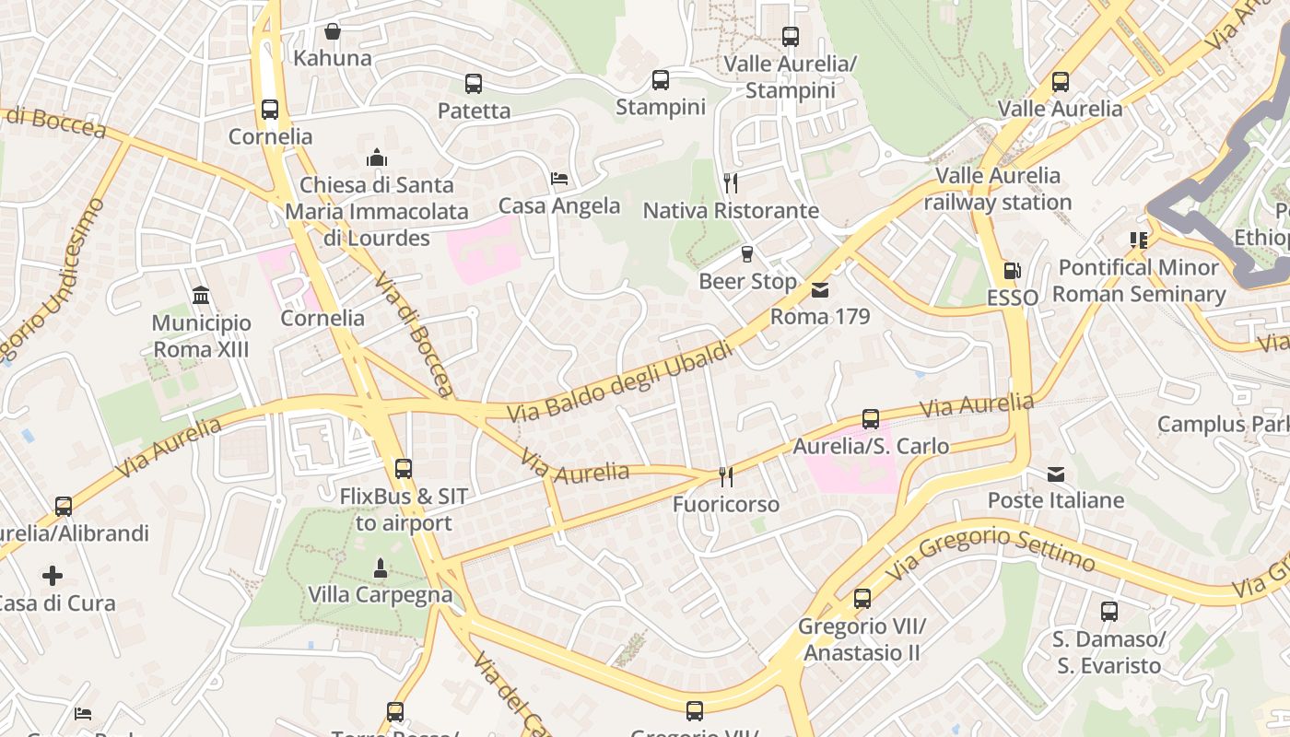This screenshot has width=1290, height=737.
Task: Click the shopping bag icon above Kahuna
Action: (x=333, y=31)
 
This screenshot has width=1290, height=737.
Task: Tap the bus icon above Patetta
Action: (x=474, y=84)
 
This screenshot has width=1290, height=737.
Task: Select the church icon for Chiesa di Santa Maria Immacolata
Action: (x=376, y=158)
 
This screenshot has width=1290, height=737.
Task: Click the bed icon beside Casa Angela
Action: (x=559, y=178)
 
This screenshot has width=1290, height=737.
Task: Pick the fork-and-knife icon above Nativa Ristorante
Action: (x=731, y=182)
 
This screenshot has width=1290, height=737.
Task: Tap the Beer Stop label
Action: (x=747, y=281)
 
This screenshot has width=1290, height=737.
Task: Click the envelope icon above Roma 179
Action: (x=819, y=290)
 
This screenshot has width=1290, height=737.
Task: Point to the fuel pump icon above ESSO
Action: (x=1012, y=271)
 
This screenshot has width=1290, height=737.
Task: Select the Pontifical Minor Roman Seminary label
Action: (x=1139, y=281)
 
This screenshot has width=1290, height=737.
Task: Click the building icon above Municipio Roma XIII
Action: (x=201, y=296)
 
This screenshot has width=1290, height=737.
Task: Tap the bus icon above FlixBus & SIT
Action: (x=403, y=469)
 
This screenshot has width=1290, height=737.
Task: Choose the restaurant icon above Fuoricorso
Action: (x=726, y=476)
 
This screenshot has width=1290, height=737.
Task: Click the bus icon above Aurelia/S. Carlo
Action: (x=871, y=419)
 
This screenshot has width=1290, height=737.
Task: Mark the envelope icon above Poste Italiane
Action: (x=1056, y=474)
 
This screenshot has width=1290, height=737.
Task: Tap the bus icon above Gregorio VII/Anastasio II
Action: (x=862, y=599)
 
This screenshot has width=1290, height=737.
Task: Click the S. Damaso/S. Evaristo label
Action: (x=1108, y=652)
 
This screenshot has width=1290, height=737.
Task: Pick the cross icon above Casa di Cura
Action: (x=53, y=576)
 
